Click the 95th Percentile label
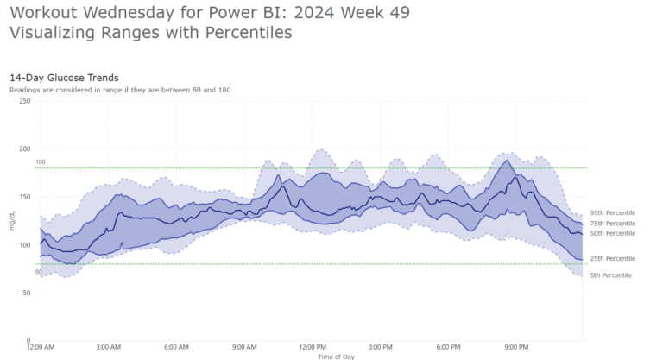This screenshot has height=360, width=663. coord(612,213)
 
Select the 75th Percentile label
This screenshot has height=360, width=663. coord(612,224)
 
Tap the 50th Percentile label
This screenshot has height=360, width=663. coord(612,233)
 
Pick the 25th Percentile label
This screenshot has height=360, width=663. coord(612,259)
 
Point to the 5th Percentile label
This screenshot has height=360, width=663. coord(610,275)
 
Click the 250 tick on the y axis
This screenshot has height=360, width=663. coord(25,101)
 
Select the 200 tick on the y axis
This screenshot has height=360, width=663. coord(25,149)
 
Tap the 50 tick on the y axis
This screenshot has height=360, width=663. coord(27,293)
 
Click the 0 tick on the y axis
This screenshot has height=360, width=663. coord(28,340)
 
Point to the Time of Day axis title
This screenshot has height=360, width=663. coord(335,356)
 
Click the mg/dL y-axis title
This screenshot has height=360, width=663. coord(12,221)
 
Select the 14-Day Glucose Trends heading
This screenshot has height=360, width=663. coord(64,78)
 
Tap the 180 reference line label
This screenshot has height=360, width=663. coord(40,162)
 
